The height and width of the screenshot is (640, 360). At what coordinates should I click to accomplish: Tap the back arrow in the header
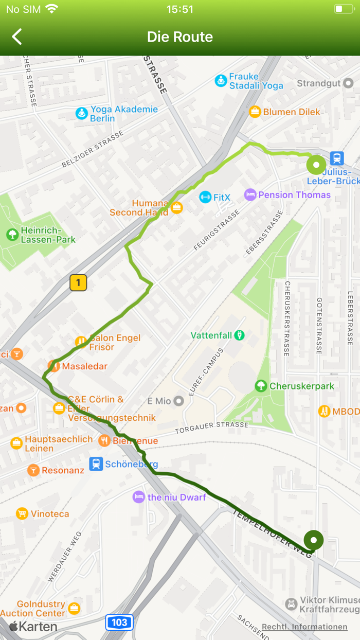(17, 37)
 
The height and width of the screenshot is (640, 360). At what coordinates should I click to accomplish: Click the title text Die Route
(179, 37)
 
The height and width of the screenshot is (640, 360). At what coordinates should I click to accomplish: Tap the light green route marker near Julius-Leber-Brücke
(316, 166)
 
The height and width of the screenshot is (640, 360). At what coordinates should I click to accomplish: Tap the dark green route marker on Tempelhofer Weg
(313, 541)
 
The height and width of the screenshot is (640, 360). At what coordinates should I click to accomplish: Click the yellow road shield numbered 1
(78, 282)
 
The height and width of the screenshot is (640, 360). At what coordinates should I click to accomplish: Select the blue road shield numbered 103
(119, 623)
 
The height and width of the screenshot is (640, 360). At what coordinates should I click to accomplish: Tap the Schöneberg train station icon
(96, 464)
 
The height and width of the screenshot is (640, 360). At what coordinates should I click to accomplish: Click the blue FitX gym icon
(205, 197)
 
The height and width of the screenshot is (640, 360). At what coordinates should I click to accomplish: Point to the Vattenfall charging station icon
(239, 335)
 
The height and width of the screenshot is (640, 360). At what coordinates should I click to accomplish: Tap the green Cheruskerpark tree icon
(261, 386)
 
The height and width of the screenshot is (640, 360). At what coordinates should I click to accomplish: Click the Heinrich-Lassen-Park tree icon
(12, 235)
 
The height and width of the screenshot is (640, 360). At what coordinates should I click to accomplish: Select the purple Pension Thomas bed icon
(250, 194)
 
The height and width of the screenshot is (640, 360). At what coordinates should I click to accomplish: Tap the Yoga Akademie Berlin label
(124, 114)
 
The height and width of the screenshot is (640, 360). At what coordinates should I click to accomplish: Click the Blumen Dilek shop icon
(255, 112)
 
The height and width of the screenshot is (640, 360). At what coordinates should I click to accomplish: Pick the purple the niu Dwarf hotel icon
(138, 497)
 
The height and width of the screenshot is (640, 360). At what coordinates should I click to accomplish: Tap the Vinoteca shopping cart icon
(22, 513)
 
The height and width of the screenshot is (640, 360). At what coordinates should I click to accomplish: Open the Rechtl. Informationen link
(304, 627)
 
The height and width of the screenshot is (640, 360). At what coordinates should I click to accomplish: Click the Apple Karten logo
(33, 626)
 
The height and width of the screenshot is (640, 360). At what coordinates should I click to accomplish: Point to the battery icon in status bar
(343, 9)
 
